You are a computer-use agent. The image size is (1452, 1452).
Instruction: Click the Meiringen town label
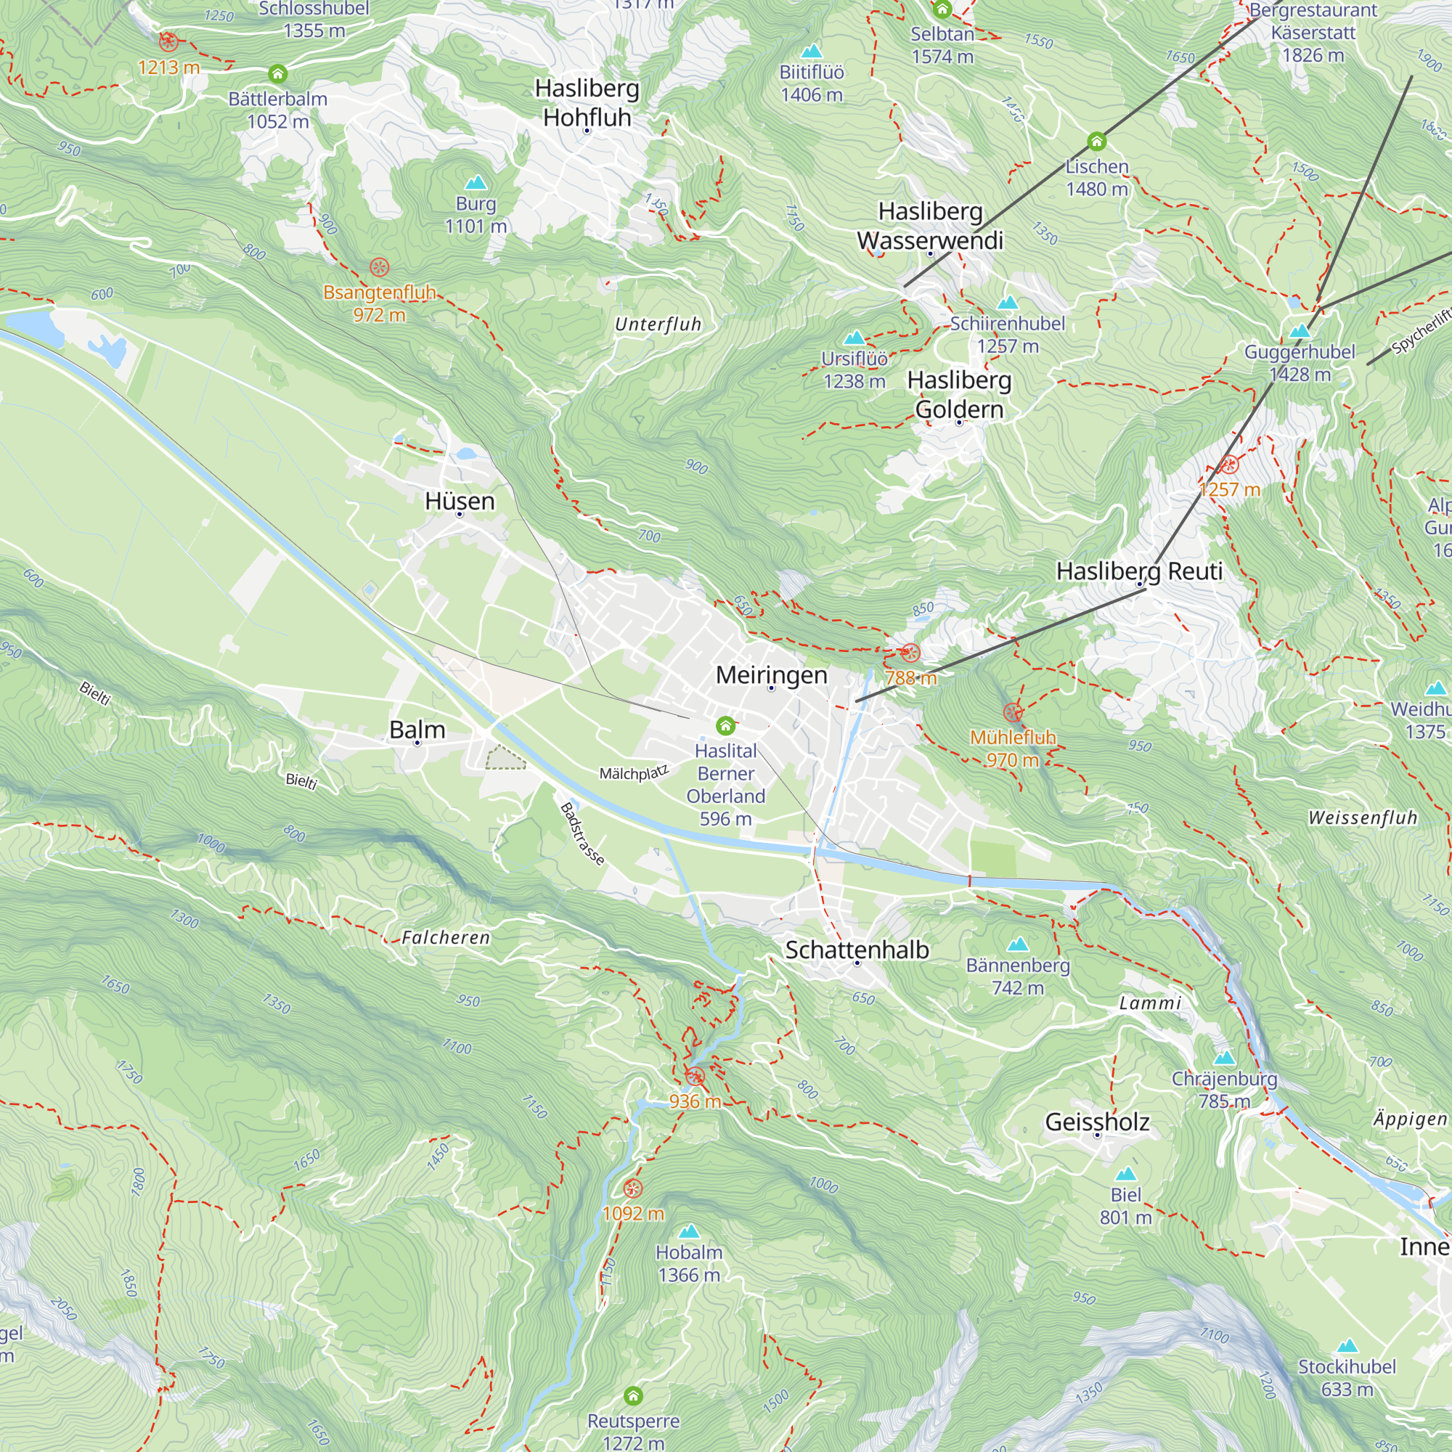pos(771,675)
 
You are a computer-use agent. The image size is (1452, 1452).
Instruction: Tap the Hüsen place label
pos(460,501)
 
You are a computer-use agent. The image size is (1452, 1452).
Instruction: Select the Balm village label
pos(417,730)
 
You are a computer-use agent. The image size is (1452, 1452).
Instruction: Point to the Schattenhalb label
pos(857,950)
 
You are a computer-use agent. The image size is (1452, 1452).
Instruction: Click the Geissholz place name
pos(1097,1122)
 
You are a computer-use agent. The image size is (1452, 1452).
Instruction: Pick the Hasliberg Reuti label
pos(1139,571)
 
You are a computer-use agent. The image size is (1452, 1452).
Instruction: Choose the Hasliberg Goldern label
pos(959,394)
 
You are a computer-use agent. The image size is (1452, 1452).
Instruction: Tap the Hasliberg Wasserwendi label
pos(931,226)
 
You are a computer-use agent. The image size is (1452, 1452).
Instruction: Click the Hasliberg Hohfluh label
pos(587,103)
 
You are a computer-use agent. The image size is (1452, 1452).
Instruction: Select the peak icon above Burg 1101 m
pos(476,183)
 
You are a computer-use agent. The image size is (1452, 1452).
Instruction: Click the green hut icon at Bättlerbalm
pos(278,73)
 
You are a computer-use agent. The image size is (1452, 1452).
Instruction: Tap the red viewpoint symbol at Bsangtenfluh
pos(380,266)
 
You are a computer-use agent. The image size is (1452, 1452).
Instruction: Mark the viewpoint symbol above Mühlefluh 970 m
pos(1012,711)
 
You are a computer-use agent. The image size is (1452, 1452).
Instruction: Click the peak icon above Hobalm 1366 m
pos(689,1231)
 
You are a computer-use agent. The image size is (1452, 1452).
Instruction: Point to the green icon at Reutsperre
pos(634,1395)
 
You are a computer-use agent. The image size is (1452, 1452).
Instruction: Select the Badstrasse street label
pos(582,834)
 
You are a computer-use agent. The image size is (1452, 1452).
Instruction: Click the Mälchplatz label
pos(634,772)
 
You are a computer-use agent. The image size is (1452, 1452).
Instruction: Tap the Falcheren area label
pos(446,937)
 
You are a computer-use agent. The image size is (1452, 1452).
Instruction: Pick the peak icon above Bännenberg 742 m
pos(1018,944)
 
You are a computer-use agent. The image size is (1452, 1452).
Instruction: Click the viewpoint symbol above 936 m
pos(696,1076)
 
